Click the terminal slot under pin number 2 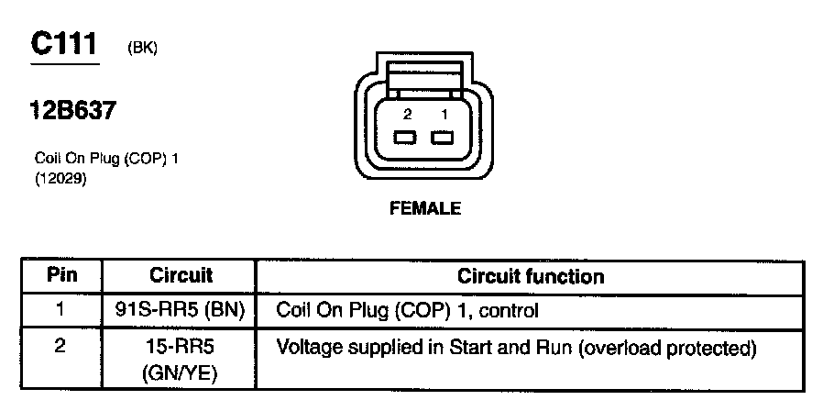click(405, 139)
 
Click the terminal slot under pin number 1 click(444, 139)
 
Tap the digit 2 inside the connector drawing click(407, 115)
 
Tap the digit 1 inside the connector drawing click(444, 115)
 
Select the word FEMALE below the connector click(425, 208)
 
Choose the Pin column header click(62, 275)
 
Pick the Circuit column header click(181, 275)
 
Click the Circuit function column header click(531, 276)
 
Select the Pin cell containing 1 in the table click(62, 311)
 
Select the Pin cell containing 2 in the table click(62, 349)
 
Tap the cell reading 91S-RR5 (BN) click(181, 311)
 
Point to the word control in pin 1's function click(512, 311)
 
